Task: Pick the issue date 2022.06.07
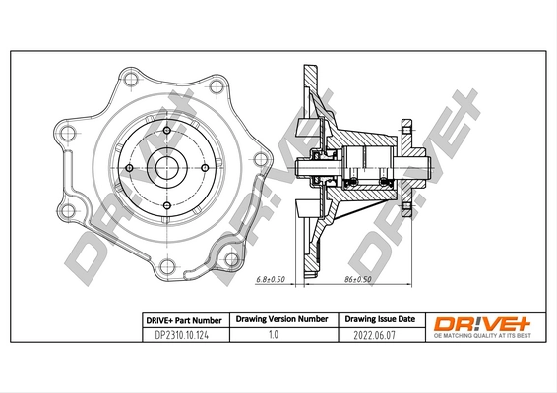pos(378,336)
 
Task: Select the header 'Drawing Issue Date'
pos(378,320)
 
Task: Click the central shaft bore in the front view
pos(165,165)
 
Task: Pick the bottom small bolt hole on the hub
pos(165,205)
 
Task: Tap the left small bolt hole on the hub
pos(125,165)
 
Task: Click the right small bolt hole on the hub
pos(206,165)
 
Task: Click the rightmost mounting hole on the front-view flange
pos(261,159)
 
